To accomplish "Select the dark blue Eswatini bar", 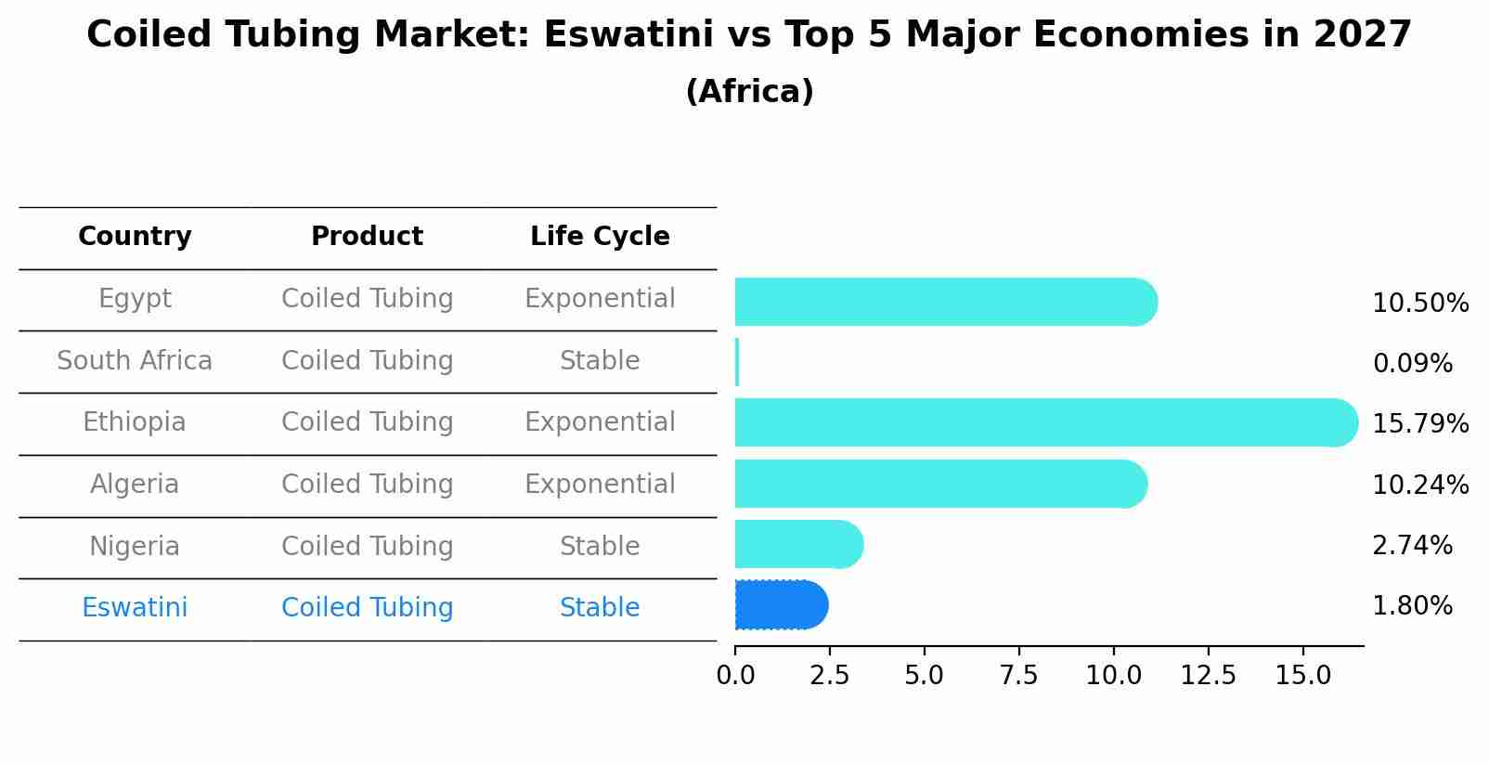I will pos(780,605).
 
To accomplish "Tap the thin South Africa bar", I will pos(737,362).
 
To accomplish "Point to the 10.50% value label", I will pos(1419,304).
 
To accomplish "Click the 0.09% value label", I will pos(1412,364).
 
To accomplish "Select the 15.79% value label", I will pos(1419,424).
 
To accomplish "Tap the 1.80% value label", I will pos(1412,606).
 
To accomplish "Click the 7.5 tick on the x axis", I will pos(1018,676).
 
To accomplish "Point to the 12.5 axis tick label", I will pos(1208,676).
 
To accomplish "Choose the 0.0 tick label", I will pos(735,676).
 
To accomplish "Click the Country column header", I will pos(135,237).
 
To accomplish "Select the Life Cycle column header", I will pos(600,237).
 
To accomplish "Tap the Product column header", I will pos(367,237).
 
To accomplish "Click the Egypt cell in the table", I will pos(135,299).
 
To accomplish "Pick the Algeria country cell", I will pos(135,485).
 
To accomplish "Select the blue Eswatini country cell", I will pos(135,608).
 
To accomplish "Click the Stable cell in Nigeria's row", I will pos(600,547).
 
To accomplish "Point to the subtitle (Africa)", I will pos(749,92).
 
